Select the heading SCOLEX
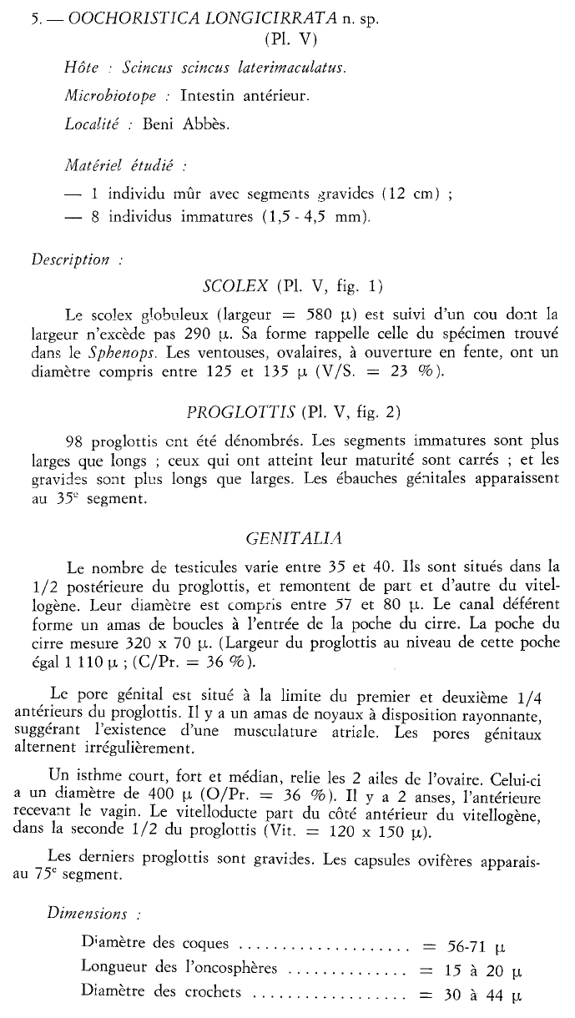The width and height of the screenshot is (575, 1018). (x=235, y=287)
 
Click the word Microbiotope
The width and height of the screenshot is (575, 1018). (x=109, y=96)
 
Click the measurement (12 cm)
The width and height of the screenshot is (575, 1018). (x=409, y=194)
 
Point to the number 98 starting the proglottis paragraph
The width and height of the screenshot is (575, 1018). (x=73, y=441)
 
